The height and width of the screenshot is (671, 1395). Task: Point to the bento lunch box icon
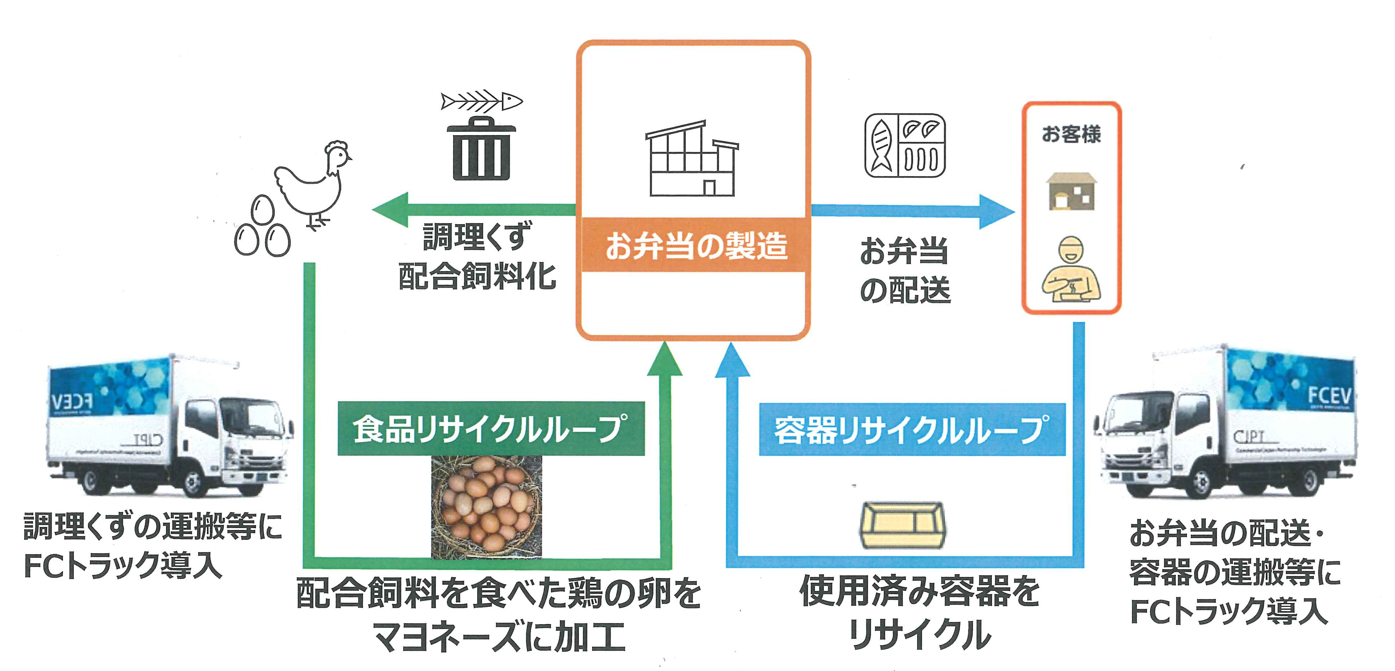(x=905, y=145)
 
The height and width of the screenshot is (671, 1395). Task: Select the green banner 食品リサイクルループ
(x=491, y=428)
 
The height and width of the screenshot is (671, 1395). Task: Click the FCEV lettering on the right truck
(x=1330, y=395)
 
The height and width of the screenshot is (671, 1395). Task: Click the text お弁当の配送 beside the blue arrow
(x=905, y=270)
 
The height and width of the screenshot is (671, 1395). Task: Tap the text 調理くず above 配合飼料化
(x=476, y=236)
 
